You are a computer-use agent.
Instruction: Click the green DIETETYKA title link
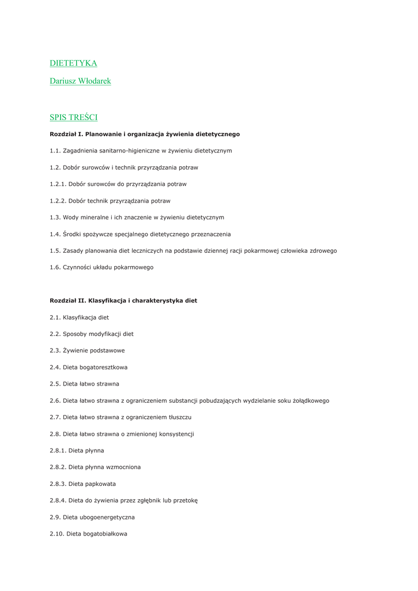point(73,63)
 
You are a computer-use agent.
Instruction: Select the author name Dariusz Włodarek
point(80,81)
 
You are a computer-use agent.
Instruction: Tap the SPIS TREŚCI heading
point(73,118)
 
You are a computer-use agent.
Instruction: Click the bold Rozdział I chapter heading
point(145,134)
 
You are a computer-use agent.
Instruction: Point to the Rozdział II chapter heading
point(123,301)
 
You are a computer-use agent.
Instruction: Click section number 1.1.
point(55,151)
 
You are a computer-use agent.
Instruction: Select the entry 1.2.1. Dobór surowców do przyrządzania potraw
point(118,184)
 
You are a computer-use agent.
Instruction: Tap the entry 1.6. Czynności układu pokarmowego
point(101,268)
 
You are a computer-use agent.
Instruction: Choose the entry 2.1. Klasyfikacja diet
point(79,317)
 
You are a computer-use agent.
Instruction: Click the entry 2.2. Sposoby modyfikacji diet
point(92,334)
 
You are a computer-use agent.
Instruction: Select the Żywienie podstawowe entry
point(93,350)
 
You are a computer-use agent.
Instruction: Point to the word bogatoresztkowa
point(104,367)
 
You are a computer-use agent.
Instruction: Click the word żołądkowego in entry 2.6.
point(310,401)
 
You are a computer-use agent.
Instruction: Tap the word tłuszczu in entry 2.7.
point(178,417)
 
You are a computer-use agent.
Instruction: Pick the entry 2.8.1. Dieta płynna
point(77,451)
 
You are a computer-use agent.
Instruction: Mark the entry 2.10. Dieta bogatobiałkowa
point(88,534)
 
